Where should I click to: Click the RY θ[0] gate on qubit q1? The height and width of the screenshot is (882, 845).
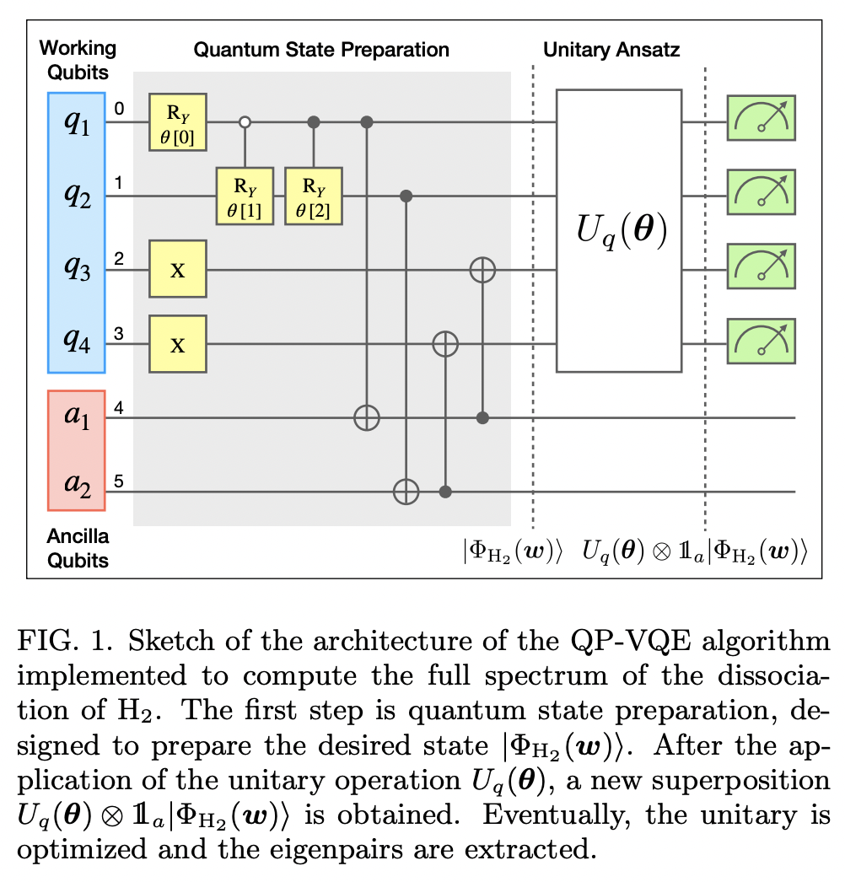pyautogui.click(x=178, y=123)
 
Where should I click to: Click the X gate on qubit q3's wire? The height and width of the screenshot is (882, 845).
pyautogui.click(x=178, y=270)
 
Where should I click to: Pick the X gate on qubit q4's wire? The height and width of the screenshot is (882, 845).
pyautogui.click(x=178, y=343)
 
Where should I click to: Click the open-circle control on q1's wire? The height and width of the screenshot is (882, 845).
pyautogui.click(x=245, y=123)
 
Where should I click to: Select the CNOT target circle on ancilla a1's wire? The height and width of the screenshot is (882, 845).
pyautogui.click(x=366, y=417)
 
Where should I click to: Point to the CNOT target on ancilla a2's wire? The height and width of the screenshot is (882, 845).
pyautogui.click(x=406, y=490)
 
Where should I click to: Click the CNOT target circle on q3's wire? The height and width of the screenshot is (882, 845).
pyautogui.click(x=482, y=270)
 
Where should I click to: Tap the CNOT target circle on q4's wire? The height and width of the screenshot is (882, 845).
pyautogui.click(x=444, y=343)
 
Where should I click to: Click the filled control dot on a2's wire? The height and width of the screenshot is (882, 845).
pyautogui.click(x=444, y=490)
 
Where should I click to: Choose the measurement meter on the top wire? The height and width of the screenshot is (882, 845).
pyautogui.click(x=762, y=123)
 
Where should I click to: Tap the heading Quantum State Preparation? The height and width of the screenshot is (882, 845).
pyautogui.click(x=321, y=50)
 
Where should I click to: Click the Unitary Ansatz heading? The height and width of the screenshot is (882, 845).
pyautogui.click(x=611, y=50)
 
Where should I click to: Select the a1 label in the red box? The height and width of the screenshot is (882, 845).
pyautogui.click(x=76, y=417)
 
